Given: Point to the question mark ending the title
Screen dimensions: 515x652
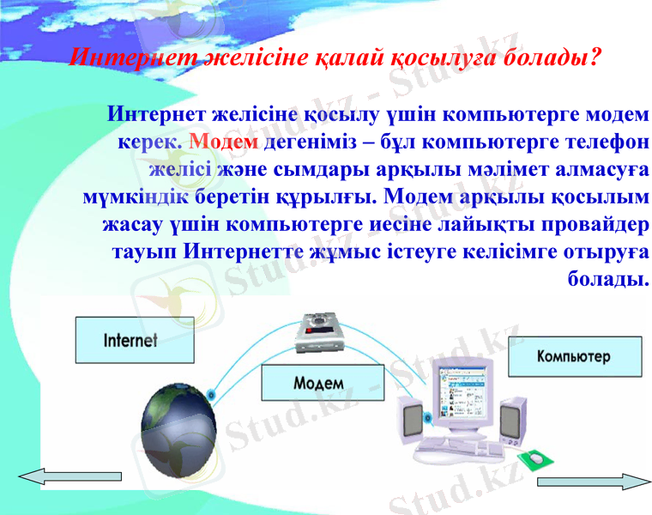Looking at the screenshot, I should (594, 58).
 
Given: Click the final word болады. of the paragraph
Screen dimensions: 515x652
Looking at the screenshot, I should (607, 279).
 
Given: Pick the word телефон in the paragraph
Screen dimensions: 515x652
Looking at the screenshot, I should (602, 140).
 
